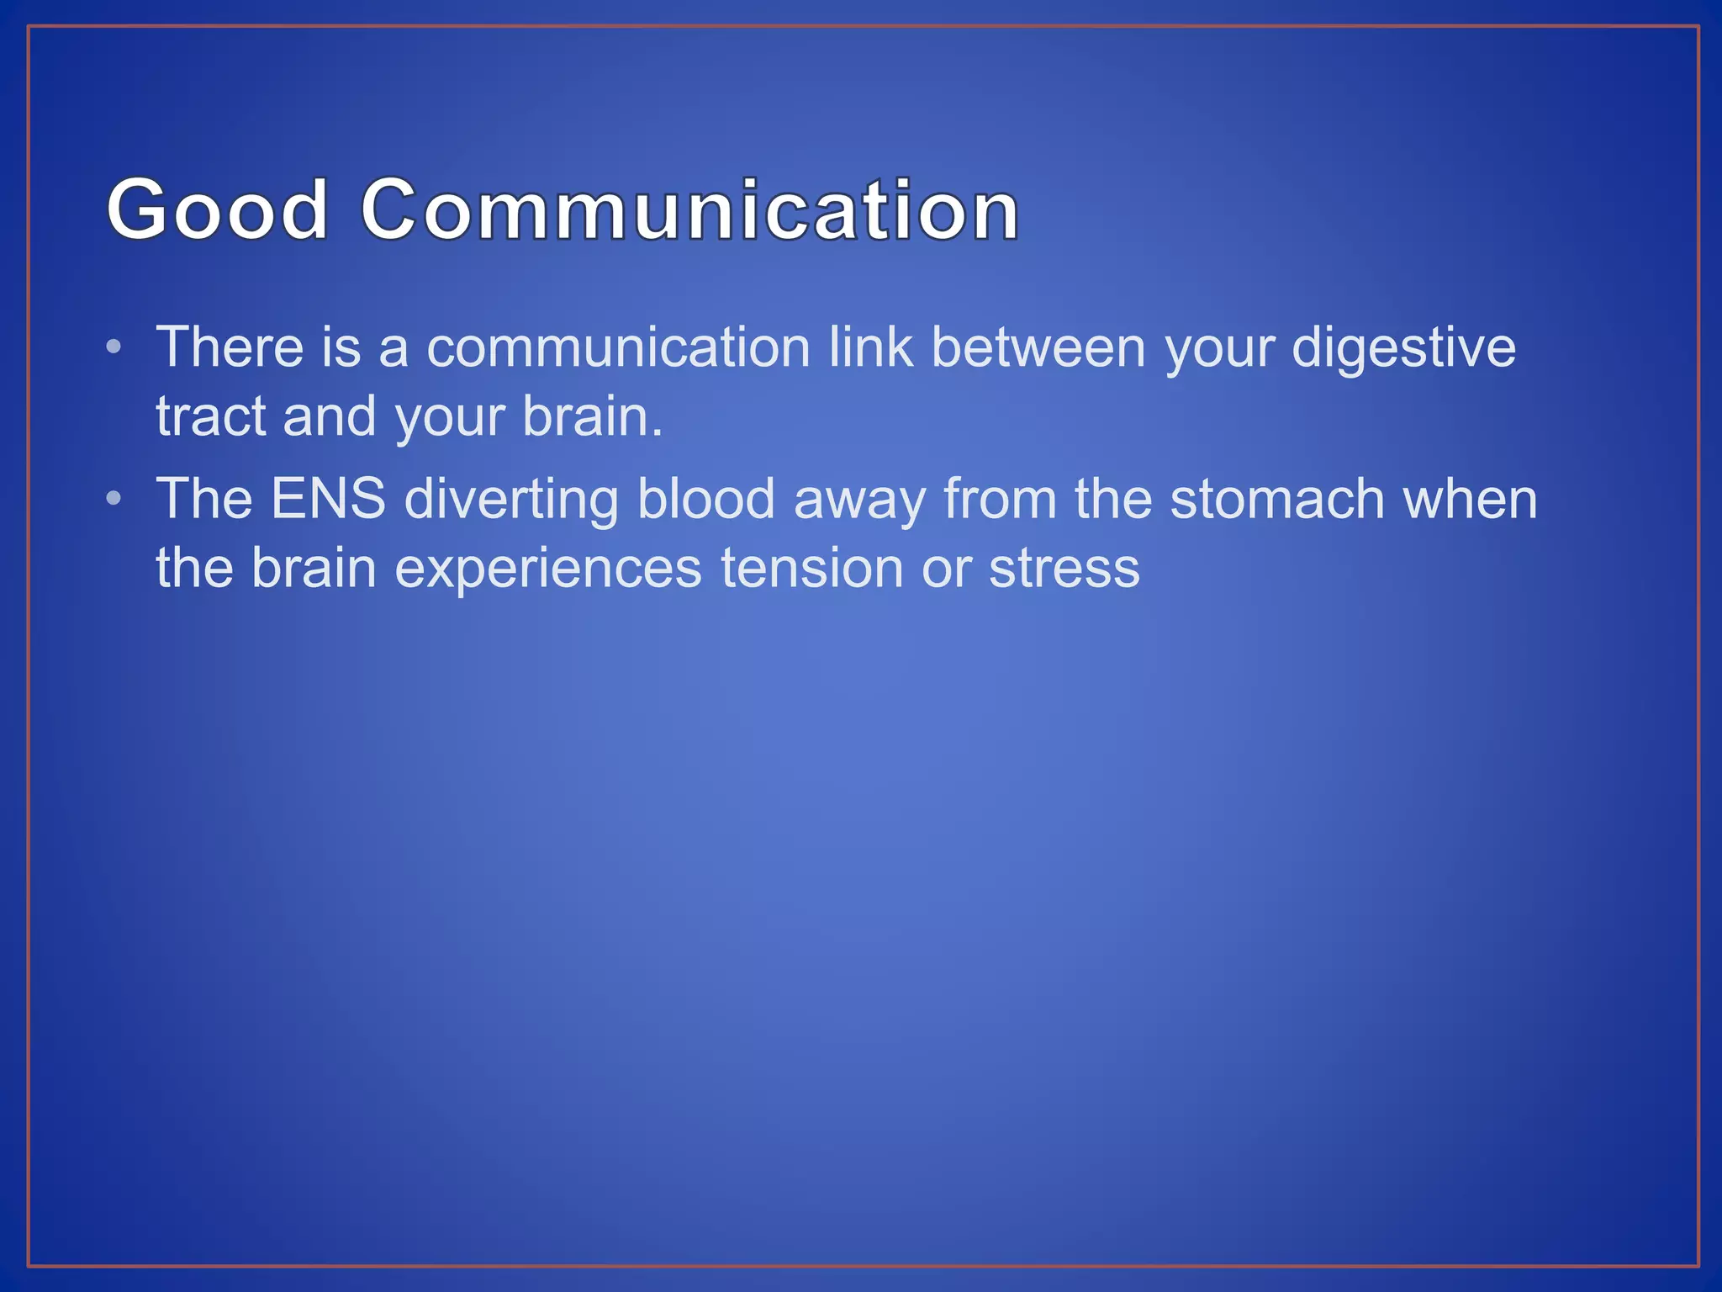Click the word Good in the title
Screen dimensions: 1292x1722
[x=217, y=209]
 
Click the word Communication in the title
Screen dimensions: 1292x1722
[x=689, y=209]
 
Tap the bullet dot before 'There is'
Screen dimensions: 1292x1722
[x=114, y=347]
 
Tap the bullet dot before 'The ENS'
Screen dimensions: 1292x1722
[x=114, y=499]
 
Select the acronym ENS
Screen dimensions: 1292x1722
[x=328, y=499]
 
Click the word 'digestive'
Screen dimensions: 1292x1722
[x=1403, y=348]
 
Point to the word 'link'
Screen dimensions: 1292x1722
[x=870, y=347]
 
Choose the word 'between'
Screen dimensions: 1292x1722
[x=1038, y=347]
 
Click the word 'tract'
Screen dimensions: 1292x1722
[x=210, y=416]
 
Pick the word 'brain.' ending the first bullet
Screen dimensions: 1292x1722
[x=593, y=416]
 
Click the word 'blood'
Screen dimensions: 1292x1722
[x=706, y=499]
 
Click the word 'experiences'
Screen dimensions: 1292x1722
[x=548, y=569]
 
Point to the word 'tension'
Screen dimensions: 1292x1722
[x=811, y=568]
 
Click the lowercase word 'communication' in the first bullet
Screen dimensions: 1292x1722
[x=618, y=347]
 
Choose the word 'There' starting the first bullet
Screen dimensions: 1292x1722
[x=230, y=347]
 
